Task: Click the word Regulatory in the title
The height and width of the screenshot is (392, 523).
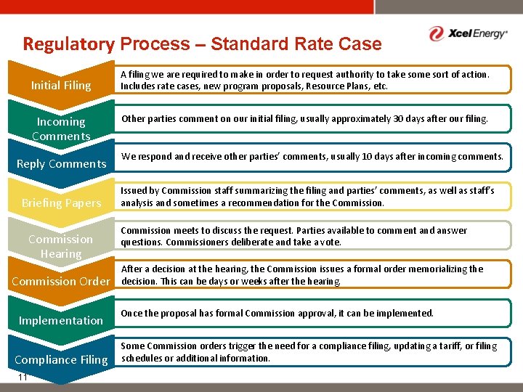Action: coord(68,44)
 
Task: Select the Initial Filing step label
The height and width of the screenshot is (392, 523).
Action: coord(61,86)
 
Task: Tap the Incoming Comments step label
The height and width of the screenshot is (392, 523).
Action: coord(61,128)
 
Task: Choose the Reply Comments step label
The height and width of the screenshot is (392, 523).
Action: coord(61,164)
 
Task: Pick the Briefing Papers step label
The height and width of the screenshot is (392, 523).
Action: coord(61,203)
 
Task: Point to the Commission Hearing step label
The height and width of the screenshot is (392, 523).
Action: coord(61,246)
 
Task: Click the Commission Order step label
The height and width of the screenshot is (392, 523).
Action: coord(60,282)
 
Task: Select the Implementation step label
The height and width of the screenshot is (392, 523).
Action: coord(61,321)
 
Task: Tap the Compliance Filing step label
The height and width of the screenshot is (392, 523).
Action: coord(61,360)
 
